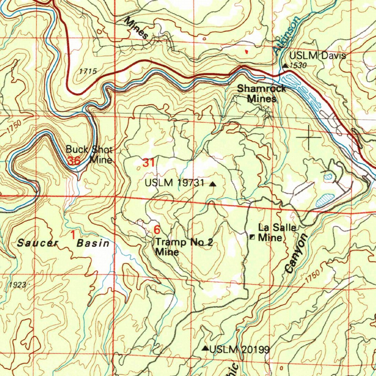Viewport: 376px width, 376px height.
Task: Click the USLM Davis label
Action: point(317,56)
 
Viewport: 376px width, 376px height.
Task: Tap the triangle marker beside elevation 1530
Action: point(285,66)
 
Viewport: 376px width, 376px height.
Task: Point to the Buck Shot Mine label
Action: point(90,155)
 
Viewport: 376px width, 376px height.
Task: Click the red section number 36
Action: point(74,161)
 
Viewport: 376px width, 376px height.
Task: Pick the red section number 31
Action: point(148,163)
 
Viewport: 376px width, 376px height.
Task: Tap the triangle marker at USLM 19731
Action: point(213,185)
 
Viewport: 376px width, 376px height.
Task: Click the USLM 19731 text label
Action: point(174,183)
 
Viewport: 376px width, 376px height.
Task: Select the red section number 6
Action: point(157,230)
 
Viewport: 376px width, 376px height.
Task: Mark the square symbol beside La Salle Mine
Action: point(252,237)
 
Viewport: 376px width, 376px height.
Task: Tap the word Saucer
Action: point(38,243)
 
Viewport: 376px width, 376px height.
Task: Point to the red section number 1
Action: point(73,234)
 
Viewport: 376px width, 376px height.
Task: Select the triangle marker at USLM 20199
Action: point(206,348)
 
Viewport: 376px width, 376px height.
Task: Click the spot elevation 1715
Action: point(88,71)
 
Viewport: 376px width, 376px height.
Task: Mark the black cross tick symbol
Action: point(308,137)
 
